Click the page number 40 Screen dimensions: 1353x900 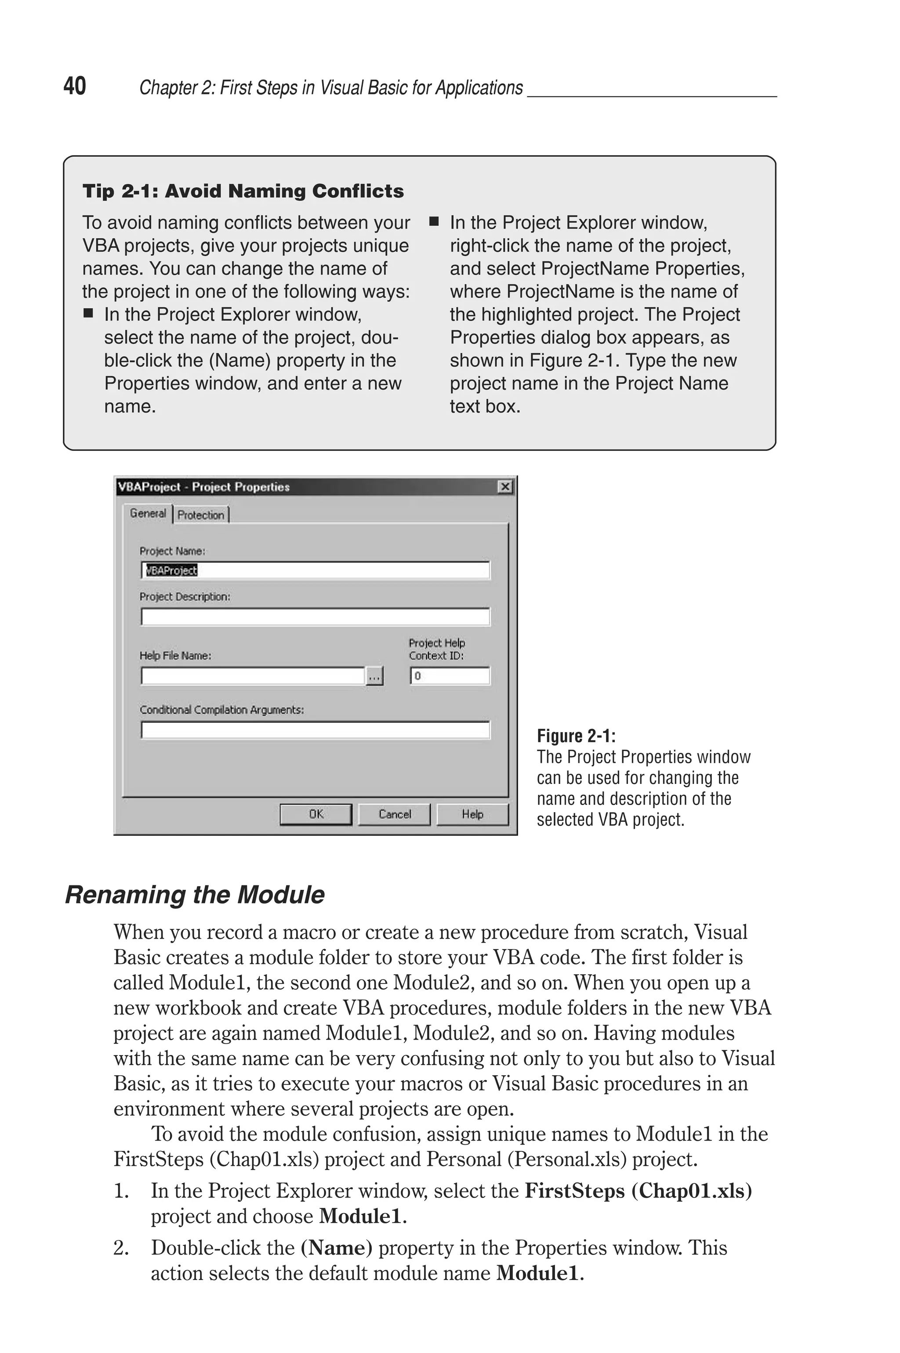click(x=75, y=86)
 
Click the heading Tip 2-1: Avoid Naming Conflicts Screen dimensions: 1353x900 click(x=243, y=191)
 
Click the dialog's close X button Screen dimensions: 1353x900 click(x=504, y=487)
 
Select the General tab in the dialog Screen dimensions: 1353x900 click(x=148, y=514)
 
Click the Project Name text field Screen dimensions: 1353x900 click(x=315, y=570)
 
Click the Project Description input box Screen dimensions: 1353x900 click(x=315, y=617)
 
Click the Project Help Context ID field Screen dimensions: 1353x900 click(x=450, y=676)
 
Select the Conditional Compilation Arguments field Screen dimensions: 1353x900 click(x=315, y=730)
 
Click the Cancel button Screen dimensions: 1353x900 click(x=394, y=814)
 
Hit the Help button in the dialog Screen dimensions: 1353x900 click(x=472, y=814)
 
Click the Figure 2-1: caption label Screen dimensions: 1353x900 click(x=576, y=736)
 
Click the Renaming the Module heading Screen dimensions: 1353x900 click(x=195, y=895)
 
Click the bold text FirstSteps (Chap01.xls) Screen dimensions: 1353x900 click(x=638, y=1191)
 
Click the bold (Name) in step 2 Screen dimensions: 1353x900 click(x=336, y=1248)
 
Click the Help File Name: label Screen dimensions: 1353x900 click(x=175, y=656)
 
